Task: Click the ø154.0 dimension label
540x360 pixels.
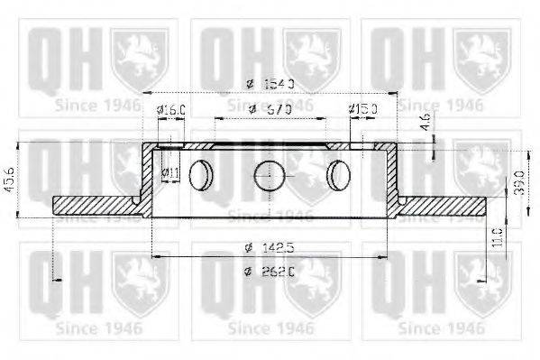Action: [270, 85]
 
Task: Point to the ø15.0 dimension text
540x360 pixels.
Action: [363, 110]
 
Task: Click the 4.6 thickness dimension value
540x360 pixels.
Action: [425, 121]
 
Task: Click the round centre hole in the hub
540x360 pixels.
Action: [270, 173]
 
